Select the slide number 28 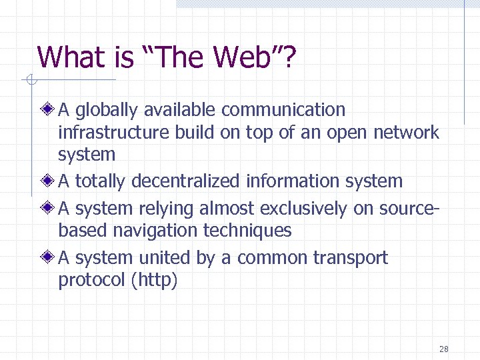[x=444, y=349]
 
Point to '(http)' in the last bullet [x=155, y=281]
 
